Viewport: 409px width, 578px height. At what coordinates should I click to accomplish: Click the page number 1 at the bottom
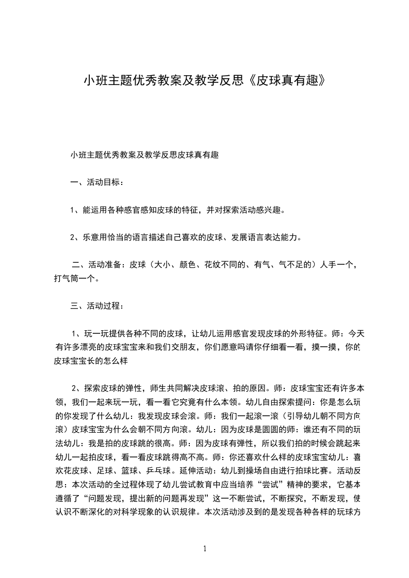pyautogui.click(x=205, y=549)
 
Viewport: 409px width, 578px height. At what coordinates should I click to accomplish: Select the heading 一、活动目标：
pyautogui.click(x=96, y=182)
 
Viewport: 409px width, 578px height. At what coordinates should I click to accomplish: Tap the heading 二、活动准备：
pyautogui.click(x=99, y=265)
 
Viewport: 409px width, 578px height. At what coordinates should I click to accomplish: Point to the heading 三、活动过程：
pyautogui.click(x=96, y=306)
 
